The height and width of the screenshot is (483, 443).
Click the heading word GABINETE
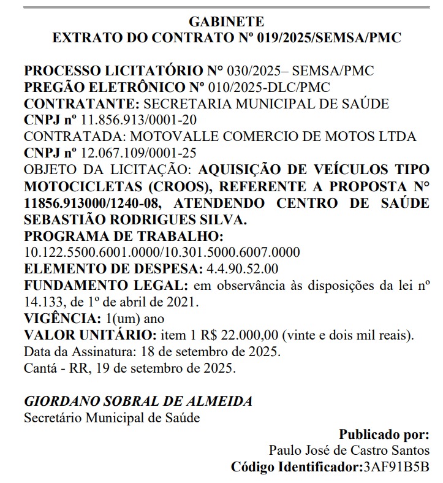[227, 22]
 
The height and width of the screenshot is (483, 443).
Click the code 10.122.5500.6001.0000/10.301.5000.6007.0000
[162, 252]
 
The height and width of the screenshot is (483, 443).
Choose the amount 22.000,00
[251, 335]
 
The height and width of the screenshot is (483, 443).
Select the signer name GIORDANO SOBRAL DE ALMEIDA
[138, 401]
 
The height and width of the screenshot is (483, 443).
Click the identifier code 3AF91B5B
[396, 467]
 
